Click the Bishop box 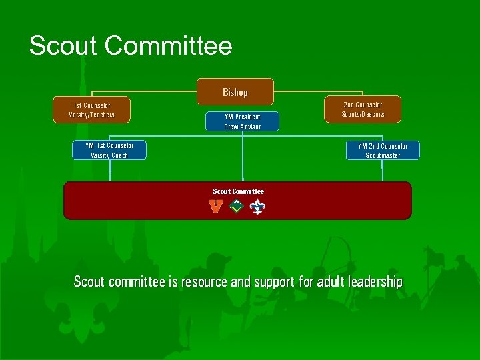pos(235,92)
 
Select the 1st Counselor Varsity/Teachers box pos(91,110)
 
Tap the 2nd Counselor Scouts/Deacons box pos(363,109)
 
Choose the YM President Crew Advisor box pos(242,121)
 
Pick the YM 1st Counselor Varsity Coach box pos(109,151)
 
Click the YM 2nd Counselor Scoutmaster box pos(383,151)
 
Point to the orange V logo pos(215,207)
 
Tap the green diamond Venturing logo pos(235,207)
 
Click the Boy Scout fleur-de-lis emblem pos(257,207)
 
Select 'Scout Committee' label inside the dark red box pos(238,191)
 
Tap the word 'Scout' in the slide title pos(63,46)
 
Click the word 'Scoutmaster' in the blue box pos(383,156)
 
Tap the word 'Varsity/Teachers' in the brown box pos(91,115)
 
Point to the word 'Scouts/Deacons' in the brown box pos(363,115)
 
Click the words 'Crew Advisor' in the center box pos(242,127)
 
